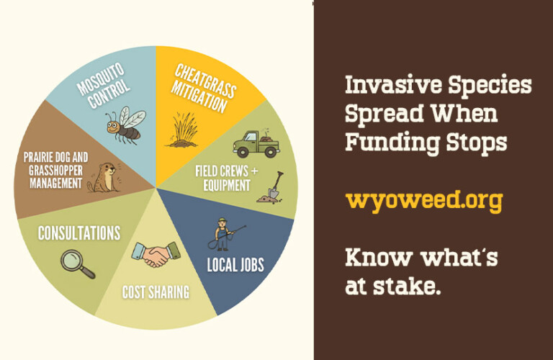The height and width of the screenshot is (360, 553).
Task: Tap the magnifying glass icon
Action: coord(78,264)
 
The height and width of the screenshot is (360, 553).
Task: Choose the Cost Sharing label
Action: coord(156,292)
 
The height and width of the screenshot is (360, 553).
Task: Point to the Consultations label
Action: coord(79,233)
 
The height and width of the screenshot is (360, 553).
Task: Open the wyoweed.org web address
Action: coord(423,200)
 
